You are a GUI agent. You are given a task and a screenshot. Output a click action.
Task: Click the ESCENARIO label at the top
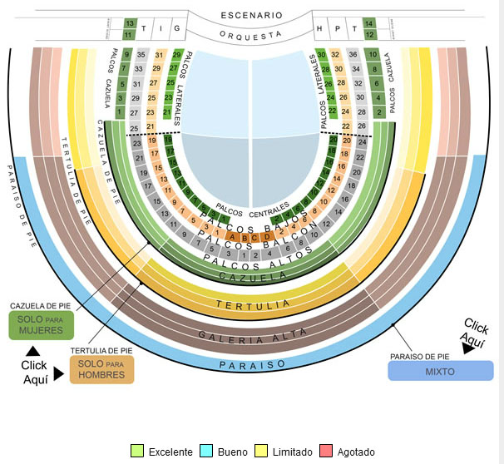coord(251,15)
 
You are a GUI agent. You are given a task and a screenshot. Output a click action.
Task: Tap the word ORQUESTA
coord(251,34)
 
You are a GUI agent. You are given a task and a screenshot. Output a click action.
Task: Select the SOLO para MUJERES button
coord(41,326)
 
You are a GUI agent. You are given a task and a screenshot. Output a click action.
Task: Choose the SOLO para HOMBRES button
coord(102,370)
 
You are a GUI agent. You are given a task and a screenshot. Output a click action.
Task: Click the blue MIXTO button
coord(440,371)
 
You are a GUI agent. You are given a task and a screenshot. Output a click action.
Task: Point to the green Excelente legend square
coord(137,452)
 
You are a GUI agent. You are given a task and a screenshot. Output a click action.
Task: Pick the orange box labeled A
coord(233,237)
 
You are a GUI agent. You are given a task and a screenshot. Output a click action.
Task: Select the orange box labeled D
coord(267,237)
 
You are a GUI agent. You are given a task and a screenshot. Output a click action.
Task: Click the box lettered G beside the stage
coord(176,28)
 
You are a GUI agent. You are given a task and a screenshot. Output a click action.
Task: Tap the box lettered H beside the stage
coord(319,28)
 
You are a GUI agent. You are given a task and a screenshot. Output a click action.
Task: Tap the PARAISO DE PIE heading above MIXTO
coord(419,356)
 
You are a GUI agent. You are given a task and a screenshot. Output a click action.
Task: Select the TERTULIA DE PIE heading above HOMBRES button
coord(101,351)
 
